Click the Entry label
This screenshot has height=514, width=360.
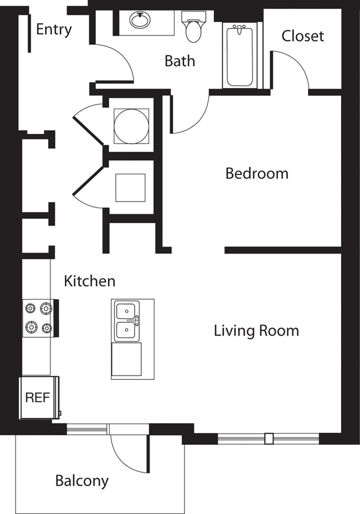pyautogui.click(x=54, y=29)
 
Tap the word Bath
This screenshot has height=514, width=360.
pyautogui.click(x=179, y=60)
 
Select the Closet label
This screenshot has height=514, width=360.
pyautogui.click(x=302, y=36)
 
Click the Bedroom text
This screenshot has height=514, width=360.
pyautogui.click(x=256, y=173)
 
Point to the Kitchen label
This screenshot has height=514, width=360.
pyautogui.click(x=90, y=281)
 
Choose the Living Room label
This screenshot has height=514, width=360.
pyautogui.click(x=256, y=331)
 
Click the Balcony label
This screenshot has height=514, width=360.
pyautogui.click(x=81, y=481)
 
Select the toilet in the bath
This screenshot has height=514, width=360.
pyautogui.click(x=193, y=29)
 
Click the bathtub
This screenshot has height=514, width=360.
pyautogui.click(x=240, y=55)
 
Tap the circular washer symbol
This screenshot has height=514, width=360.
pyautogui.click(x=131, y=125)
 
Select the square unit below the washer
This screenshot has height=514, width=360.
pyautogui.click(x=130, y=188)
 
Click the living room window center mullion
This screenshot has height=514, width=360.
pyautogui.click(x=269, y=439)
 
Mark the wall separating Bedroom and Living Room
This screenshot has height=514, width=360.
pyautogui.click(x=282, y=250)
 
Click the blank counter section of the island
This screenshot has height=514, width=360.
pyautogui.click(x=126, y=359)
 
